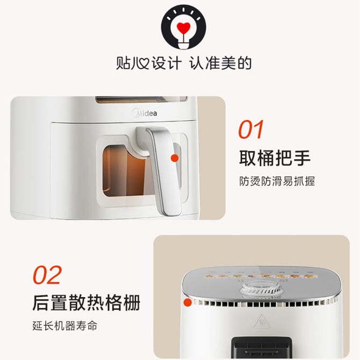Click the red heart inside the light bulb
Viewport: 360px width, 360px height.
click(x=183, y=27)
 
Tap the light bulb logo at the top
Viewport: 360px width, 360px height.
click(x=183, y=27)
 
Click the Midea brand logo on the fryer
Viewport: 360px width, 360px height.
click(x=145, y=113)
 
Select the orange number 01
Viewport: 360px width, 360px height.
click(x=251, y=129)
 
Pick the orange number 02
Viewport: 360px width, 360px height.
click(x=47, y=275)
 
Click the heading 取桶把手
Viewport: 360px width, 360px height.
click(x=275, y=158)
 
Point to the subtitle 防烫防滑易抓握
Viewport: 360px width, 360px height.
click(x=277, y=181)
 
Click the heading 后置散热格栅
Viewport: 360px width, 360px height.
click(x=87, y=303)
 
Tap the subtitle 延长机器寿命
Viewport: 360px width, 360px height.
click(x=65, y=326)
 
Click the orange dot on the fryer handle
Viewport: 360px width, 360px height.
click(x=175, y=158)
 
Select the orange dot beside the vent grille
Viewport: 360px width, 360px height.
click(x=188, y=303)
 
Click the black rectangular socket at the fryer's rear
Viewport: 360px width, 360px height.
click(x=262, y=347)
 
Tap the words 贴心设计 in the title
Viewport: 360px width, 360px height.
click(x=148, y=63)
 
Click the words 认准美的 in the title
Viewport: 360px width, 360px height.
click(x=220, y=63)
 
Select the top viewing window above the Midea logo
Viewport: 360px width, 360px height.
click(x=141, y=99)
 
